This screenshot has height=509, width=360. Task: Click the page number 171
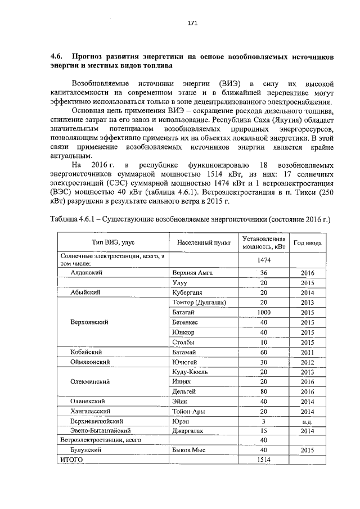191,23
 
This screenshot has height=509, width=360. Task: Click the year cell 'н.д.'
307,421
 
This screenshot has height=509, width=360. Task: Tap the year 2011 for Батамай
307,352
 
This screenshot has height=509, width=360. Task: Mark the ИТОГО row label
71,460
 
